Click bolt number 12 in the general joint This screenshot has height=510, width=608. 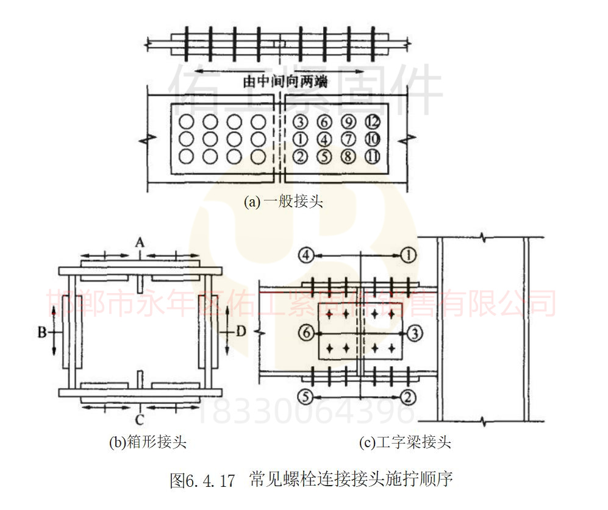tap(372, 121)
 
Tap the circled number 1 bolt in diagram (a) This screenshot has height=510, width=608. tap(299, 138)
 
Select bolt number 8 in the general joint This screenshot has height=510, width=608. tap(348, 156)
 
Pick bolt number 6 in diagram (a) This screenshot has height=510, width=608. tap(324, 121)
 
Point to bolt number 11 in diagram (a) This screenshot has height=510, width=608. tap(372, 156)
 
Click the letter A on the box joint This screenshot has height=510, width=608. tap(140, 243)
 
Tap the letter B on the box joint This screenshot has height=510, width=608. tap(41, 332)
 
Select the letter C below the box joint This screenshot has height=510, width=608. tap(140, 420)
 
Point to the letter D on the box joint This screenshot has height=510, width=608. tap(241, 332)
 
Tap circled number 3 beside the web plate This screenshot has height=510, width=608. tap(414, 333)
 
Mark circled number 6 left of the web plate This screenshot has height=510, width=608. tap(307, 333)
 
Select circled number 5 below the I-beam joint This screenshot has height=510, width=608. tap(306, 397)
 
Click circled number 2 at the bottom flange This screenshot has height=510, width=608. tap(409, 397)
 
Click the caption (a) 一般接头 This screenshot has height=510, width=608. tap(283, 202)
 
